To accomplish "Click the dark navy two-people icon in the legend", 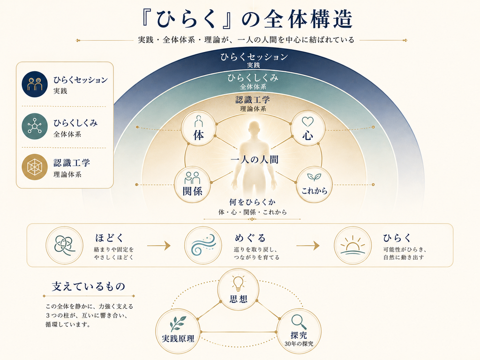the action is [x=35, y=84].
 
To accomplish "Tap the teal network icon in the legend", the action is [x=35, y=127].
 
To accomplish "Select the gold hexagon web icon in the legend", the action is [x=35, y=167].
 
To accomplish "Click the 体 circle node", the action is [x=199, y=128].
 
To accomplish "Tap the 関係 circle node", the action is [x=192, y=185].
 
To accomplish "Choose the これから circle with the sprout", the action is [x=314, y=185].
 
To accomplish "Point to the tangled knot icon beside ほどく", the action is [x=64, y=245].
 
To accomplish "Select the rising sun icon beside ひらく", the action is [x=352, y=245].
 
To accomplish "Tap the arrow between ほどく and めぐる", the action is [x=158, y=246].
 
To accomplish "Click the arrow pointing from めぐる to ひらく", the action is [x=307, y=246].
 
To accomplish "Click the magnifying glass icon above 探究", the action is [x=299, y=322].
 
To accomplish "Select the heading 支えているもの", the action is [x=89, y=286].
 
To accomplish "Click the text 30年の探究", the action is [x=299, y=344].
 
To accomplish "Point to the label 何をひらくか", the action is [x=253, y=202].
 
